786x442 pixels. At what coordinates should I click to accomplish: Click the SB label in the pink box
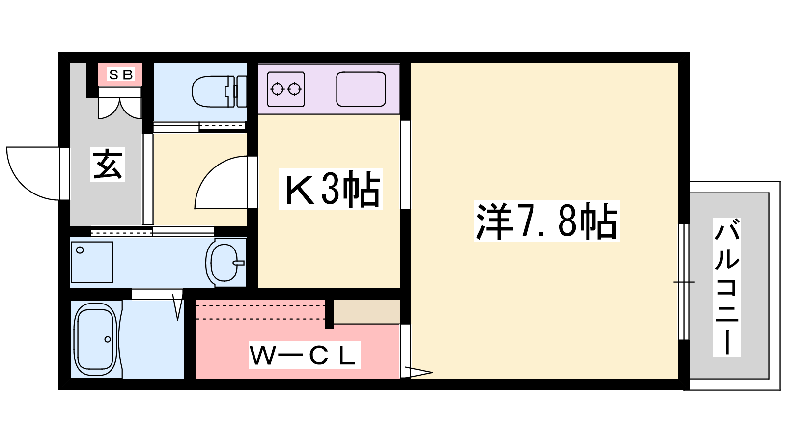120,75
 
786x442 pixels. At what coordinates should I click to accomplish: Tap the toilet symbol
216,91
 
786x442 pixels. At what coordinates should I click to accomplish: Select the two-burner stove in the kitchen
286,89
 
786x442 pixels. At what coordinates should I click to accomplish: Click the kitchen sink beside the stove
361,89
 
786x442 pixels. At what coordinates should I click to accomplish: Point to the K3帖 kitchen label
331,189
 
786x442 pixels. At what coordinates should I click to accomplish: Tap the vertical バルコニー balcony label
727,287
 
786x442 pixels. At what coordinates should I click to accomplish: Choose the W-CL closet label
304,355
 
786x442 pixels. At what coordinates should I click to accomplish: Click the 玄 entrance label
107,164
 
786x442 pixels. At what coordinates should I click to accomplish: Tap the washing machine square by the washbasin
92,262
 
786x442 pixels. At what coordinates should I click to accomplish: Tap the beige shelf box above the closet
366,312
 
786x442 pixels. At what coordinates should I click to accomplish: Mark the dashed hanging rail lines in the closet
260,312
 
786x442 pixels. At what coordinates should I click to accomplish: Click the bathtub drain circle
108,339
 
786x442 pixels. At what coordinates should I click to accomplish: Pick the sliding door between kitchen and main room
405,165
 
